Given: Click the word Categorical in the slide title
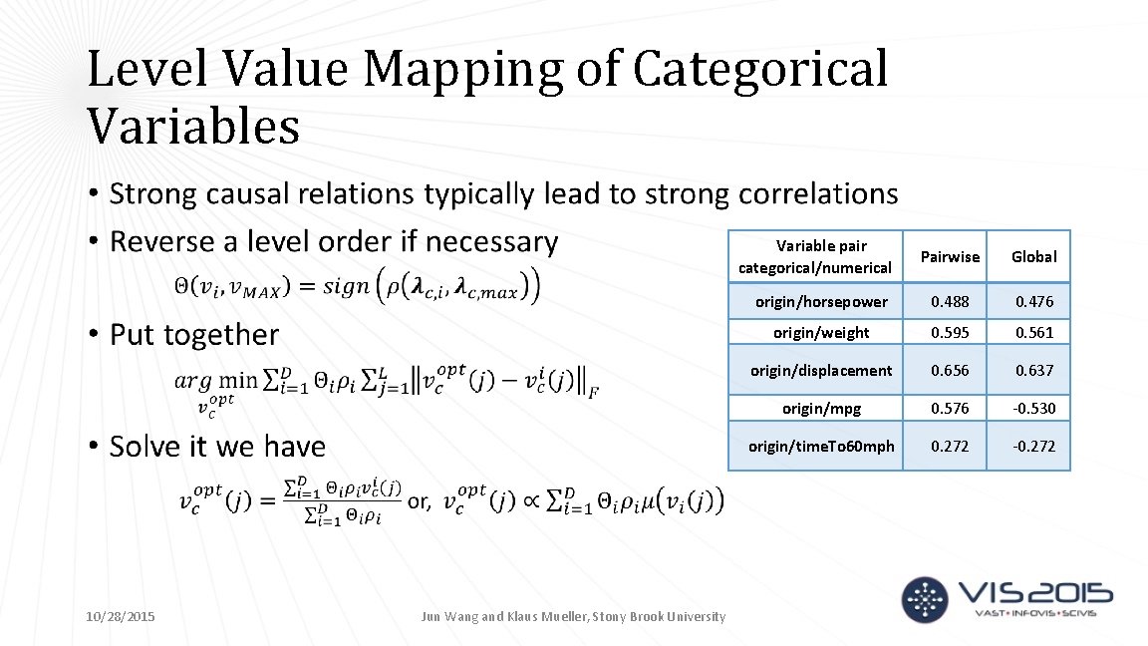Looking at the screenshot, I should pyautogui.click(x=759, y=70).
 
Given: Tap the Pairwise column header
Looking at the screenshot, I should pyautogui.click(x=949, y=257).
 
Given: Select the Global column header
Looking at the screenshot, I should pyautogui.click(x=1033, y=257).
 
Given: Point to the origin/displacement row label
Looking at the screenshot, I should pyautogui.click(x=821, y=371).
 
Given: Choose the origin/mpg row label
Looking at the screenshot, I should pyautogui.click(x=821, y=409).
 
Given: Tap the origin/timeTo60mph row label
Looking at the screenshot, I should pyautogui.click(x=821, y=447).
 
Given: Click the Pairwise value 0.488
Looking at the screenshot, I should pyautogui.click(x=949, y=302).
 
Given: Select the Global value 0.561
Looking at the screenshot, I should pyautogui.click(x=1033, y=333).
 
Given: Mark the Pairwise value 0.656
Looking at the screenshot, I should pyautogui.click(x=949, y=371).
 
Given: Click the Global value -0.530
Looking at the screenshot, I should pyautogui.click(x=1033, y=409).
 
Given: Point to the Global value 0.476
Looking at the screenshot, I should pyautogui.click(x=1033, y=302).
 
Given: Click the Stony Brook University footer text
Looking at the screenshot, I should pyautogui.click(x=659, y=617).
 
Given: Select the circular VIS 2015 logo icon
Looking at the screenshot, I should pyautogui.click(x=924, y=597).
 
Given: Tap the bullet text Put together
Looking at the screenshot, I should pyautogui.click(x=194, y=335).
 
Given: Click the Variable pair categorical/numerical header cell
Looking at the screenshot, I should pyautogui.click(x=815, y=257).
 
